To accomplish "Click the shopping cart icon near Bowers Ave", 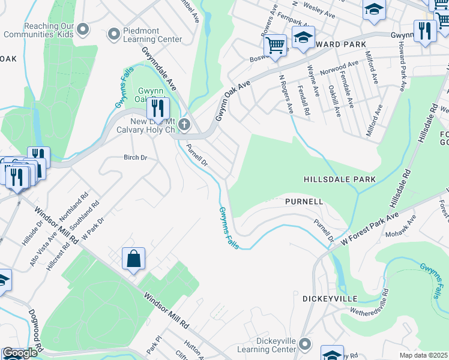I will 275,46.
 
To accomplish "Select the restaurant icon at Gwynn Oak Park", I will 158,109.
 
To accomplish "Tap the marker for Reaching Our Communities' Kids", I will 83,29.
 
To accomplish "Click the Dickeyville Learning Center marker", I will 306,344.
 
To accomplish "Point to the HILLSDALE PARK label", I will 339,179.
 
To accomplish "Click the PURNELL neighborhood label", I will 304,202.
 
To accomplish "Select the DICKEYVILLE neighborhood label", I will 330,298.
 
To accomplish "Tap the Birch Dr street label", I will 135,158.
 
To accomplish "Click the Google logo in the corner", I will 19,353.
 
